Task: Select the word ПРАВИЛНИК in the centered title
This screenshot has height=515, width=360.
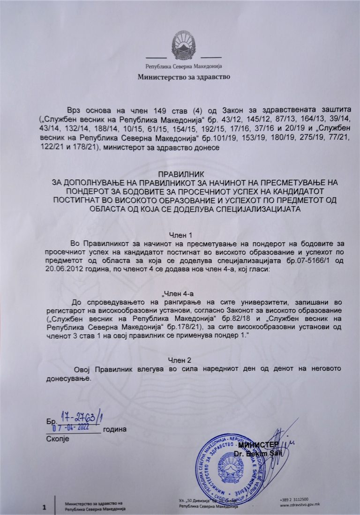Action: (x=180, y=174)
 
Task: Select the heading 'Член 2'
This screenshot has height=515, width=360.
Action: (x=180, y=360)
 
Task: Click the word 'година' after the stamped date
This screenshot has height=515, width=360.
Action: (x=115, y=429)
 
